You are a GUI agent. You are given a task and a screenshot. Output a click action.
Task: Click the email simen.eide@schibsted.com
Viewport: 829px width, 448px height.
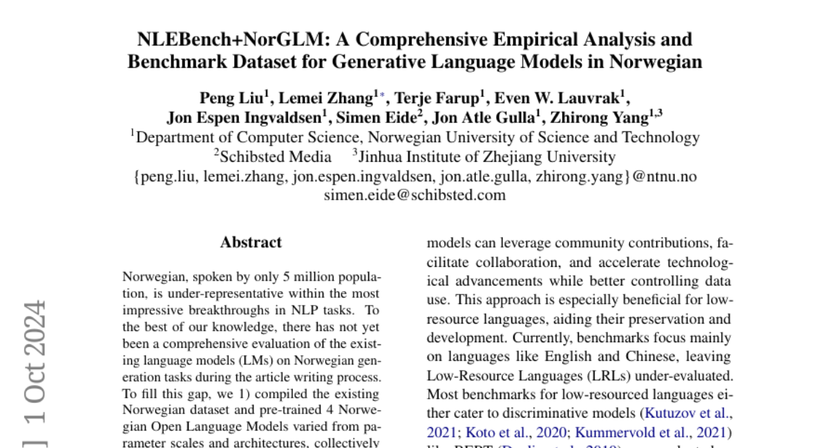(x=414, y=195)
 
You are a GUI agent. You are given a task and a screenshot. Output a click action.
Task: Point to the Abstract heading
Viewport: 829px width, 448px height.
(x=251, y=243)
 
